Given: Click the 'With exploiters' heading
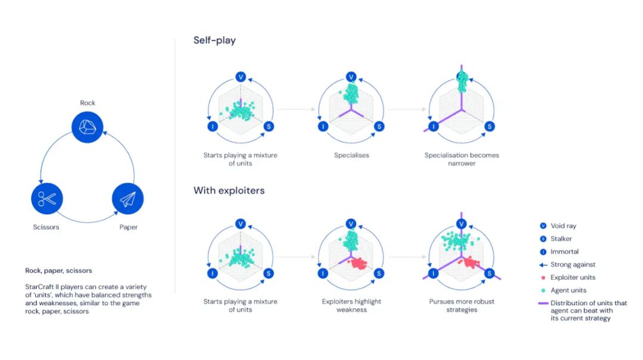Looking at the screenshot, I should [x=229, y=190].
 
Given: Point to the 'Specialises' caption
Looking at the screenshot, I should [x=351, y=155].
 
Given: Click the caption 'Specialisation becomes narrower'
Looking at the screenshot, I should [x=461, y=159].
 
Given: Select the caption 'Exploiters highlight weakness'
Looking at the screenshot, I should [x=351, y=305].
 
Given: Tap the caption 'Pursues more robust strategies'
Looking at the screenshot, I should [x=461, y=305].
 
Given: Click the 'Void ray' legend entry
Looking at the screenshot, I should [x=563, y=226].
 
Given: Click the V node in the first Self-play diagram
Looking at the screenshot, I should [x=241, y=77].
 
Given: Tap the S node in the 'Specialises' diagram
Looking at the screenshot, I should [x=379, y=126].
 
